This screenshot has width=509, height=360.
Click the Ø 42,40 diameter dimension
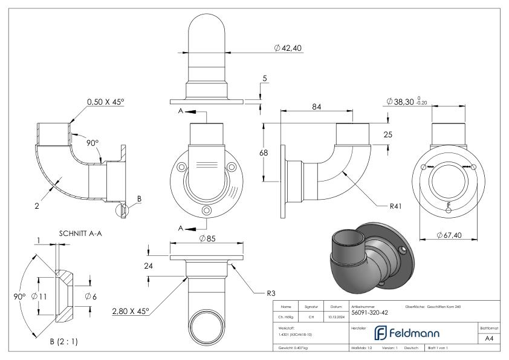click(288, 48)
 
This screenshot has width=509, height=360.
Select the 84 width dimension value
click(317, 106)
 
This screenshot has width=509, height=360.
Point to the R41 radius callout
click(397, 206)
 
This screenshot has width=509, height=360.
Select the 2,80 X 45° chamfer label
click(130, 311)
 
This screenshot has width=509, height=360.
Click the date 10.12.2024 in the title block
click(336, 316)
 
